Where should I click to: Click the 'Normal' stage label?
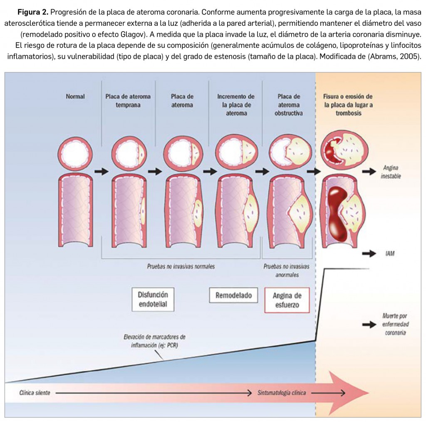pyautogui.click(x=75, y=96)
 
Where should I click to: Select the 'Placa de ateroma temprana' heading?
pyautogui.click(x=128, y=101)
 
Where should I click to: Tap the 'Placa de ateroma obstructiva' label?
pyautogui.click(x=288, y=105)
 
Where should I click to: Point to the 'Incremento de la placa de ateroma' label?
pyautogui.click(x=235, y=105)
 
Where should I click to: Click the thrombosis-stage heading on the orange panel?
pyautogui.click(x=348, y=105)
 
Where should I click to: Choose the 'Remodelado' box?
pyautogui.click(x=233, y=295)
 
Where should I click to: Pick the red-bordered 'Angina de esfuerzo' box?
pyautogui.click(x=287, y=300)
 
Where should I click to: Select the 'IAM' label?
pyautogui.click(x=390, y=253)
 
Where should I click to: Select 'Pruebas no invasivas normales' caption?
pyautogui.click(x=181, y=266)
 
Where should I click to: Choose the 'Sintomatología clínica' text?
pyautogui.click(x=282, y=393)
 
